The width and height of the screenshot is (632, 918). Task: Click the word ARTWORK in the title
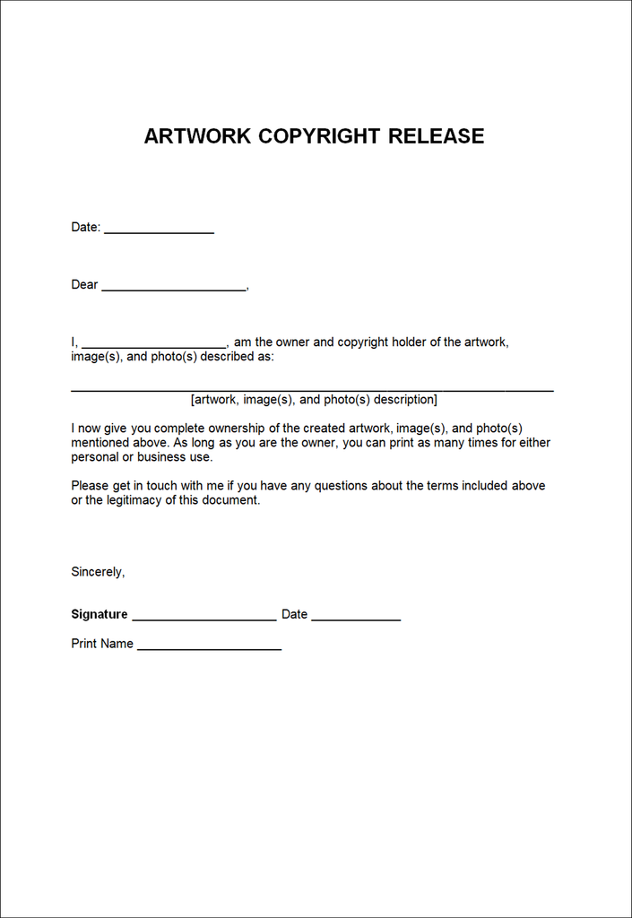[197, 136]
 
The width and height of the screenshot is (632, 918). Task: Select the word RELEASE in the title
[437, 136]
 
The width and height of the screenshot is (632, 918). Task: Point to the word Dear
[84, 285]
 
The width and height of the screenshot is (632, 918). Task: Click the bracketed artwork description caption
[314, 400]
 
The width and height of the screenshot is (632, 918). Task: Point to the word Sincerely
[98, 572]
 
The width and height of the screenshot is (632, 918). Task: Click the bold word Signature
[100, 615]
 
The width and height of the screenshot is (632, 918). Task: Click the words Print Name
[102, 644]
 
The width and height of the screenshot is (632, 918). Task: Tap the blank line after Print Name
[210, 647]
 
